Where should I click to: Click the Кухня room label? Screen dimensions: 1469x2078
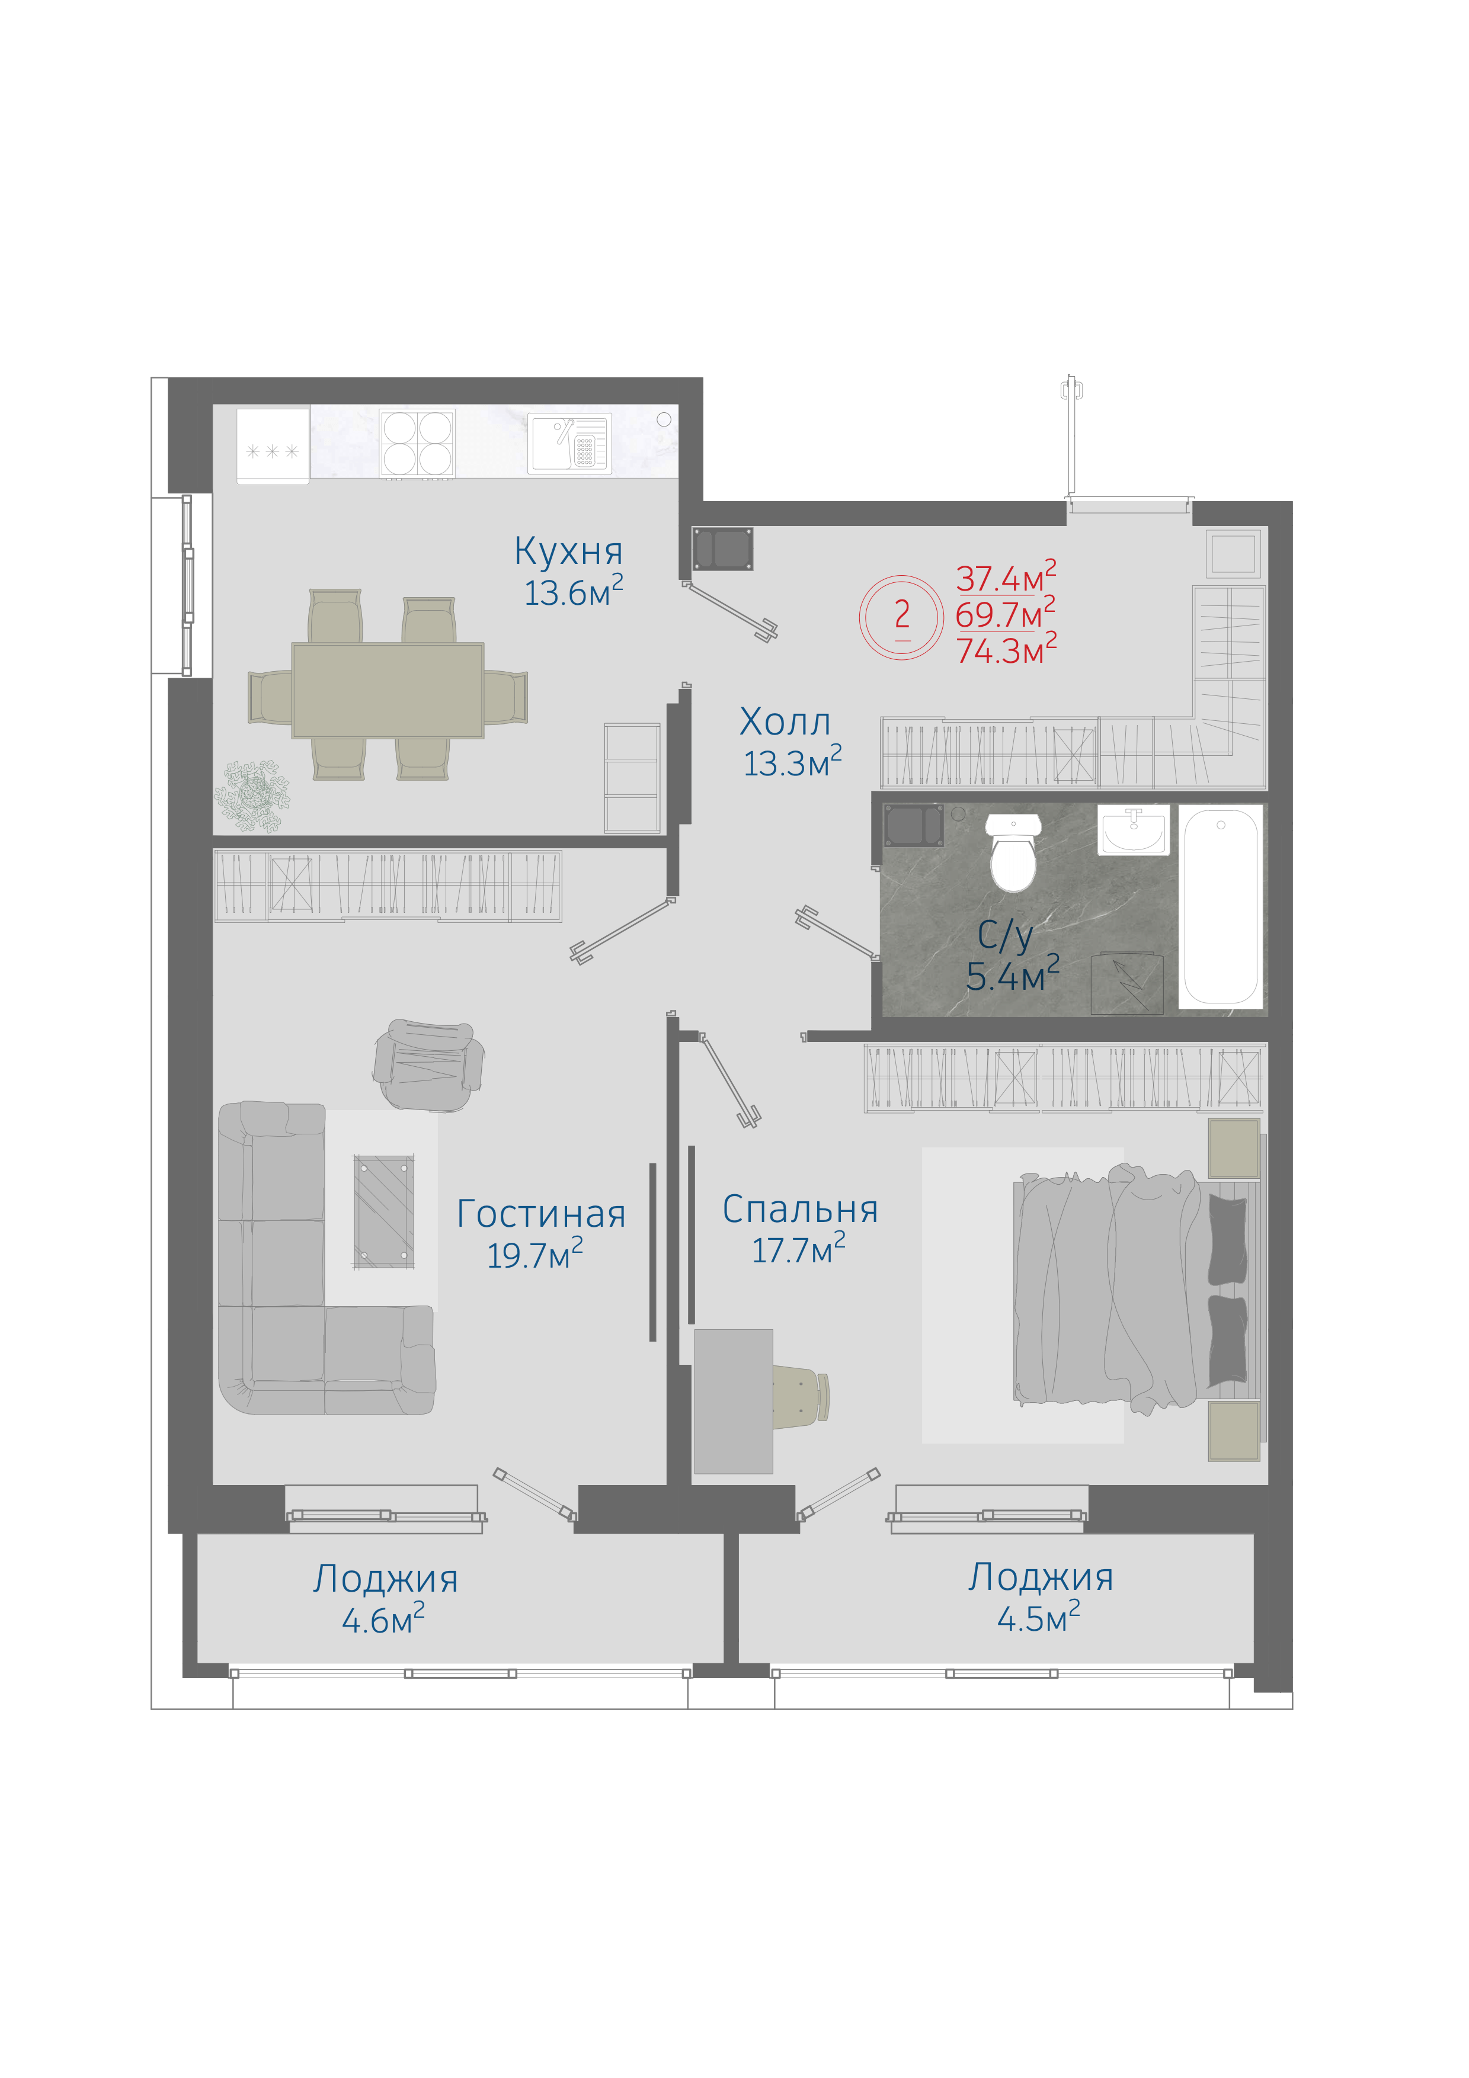click(x=568, y=551)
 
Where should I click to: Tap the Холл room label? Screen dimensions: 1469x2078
click(x=785, y=722)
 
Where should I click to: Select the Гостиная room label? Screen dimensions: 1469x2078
click(x=541, y=1214)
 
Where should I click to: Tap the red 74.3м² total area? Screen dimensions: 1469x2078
click(x=1006, y=650)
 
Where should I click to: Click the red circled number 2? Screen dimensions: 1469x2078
click(x=901, y=615)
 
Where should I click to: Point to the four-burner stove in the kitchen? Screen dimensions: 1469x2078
click(x=417, y=444)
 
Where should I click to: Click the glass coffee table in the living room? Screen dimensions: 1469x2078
click(x=384, y=1211)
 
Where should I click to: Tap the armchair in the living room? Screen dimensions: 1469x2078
click(x=428, y=1064)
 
